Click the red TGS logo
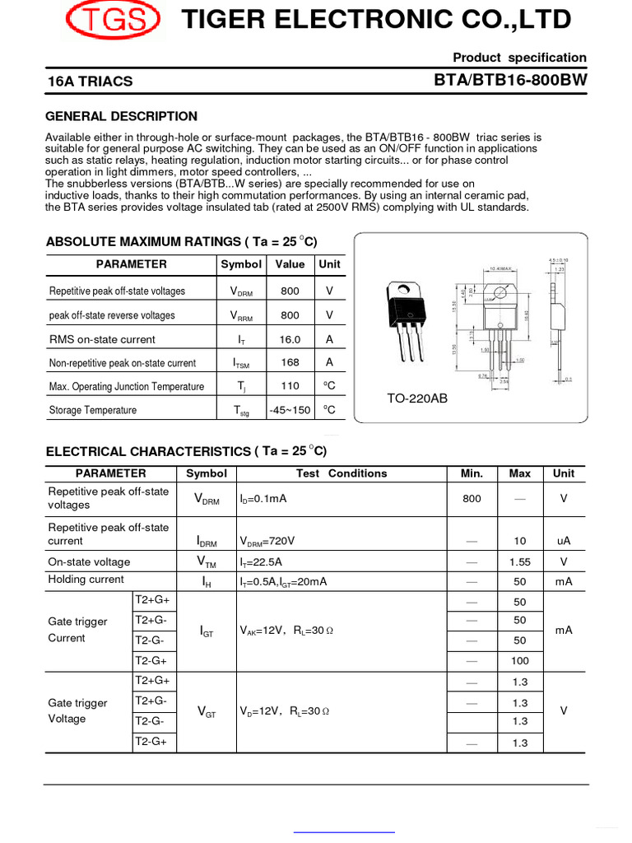coord(114,20)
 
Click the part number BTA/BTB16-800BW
coord(510,80)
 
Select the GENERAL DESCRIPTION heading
coord(121,116)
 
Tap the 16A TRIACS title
coord(91,82)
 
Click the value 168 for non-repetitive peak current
coord(290,362)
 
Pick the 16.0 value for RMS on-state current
coord(290,339)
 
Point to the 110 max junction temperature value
coord(290,386)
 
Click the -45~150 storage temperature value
coord(290,410)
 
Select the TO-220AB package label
coord(417,398)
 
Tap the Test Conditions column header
coord(341,473)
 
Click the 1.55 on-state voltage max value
coord(519,561)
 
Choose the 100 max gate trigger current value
coord(519,660)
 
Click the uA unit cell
coord(564,541)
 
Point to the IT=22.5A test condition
coord(261,562)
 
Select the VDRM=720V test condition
coord(267,542)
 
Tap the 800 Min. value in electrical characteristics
coord(472,499)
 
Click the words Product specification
coord(519,58)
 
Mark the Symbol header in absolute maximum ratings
coord(241,264)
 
